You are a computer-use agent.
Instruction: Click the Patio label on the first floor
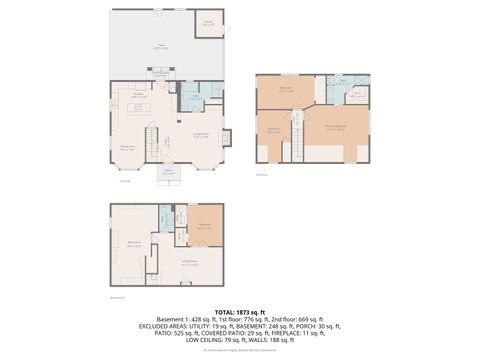click(x=160, y=45)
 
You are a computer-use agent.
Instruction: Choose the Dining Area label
click(x=128, y=148)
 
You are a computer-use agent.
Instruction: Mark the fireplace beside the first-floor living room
click(x=228, y=140)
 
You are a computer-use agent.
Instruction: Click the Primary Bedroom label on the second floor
click(x=341, y=127)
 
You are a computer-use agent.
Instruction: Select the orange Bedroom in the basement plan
click(x=204, y=225)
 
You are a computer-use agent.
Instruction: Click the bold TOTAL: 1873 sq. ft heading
click(x=240, y=311)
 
